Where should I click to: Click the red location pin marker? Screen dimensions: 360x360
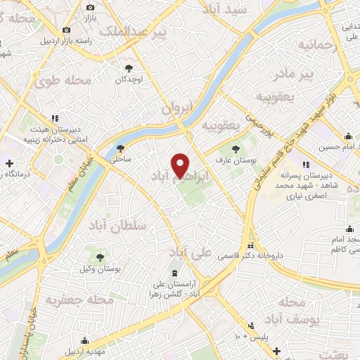coord(181,165)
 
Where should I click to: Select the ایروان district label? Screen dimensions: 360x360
coord(176,108)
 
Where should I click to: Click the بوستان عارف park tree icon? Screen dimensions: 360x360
coord(236,148)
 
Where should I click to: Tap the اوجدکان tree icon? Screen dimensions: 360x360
coord(129,68)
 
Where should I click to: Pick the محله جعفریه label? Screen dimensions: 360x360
coord(70,300)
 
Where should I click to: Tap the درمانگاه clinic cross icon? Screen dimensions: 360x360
coord(8,163)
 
